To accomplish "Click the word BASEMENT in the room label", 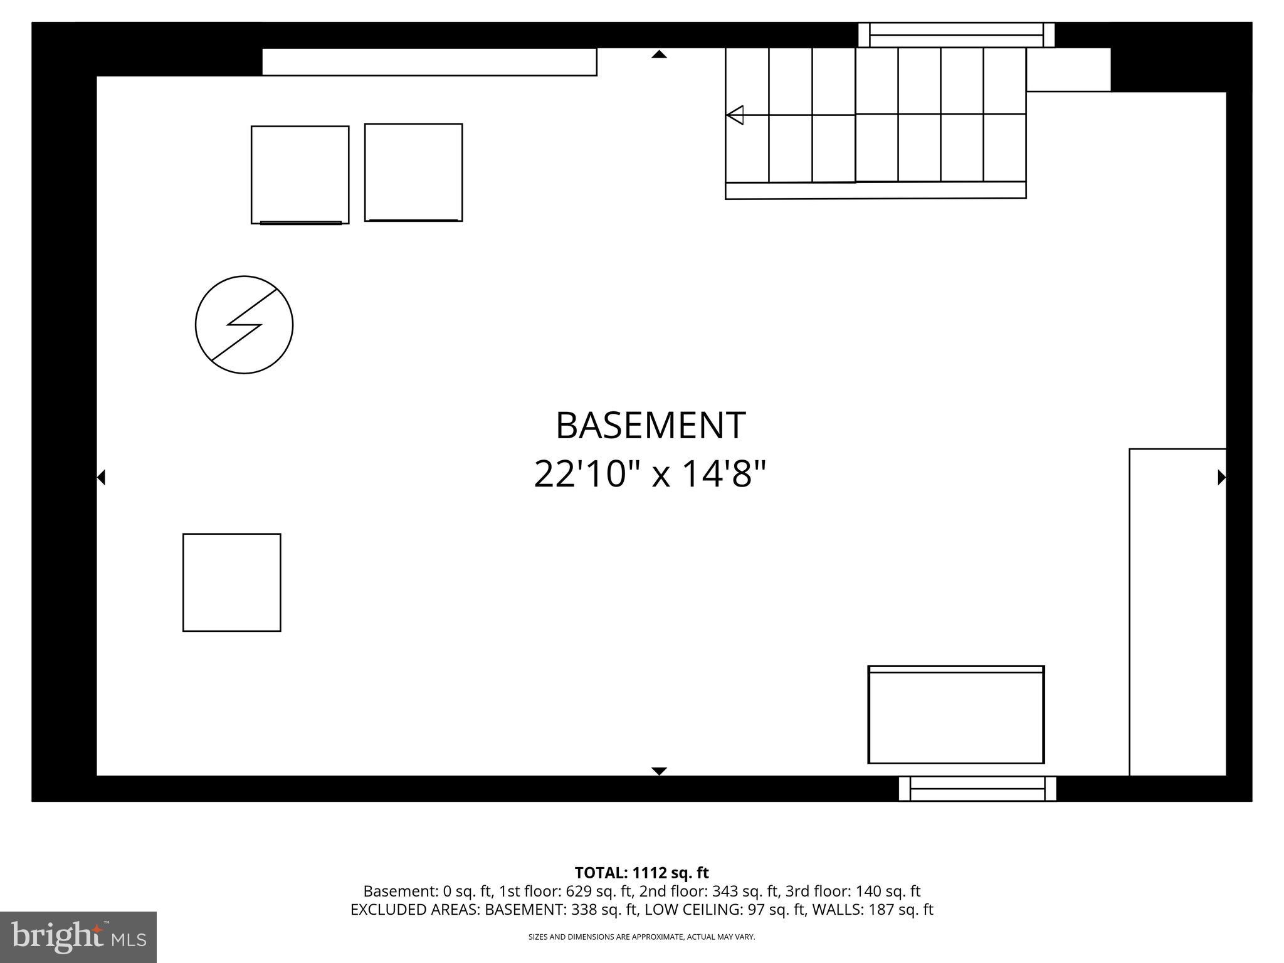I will [650, 426].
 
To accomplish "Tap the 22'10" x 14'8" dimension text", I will [650, 474].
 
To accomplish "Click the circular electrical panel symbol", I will [244, 325].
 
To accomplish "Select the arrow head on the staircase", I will [735, 115].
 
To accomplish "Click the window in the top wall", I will [956, 35].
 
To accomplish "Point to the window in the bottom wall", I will [977, 789].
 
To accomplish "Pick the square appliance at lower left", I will [231, 582].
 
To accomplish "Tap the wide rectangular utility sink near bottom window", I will [955, 715].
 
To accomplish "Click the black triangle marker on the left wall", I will [101, 477].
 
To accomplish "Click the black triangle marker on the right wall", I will [1221, 477].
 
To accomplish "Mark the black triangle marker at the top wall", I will [659, 55].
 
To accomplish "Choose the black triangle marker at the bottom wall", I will [659, 771].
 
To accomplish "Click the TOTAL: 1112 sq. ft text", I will [641, 873].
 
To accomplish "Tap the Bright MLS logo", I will [78, 937].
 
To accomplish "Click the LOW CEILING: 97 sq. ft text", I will [725, 910].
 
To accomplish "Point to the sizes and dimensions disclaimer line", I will [641, 937].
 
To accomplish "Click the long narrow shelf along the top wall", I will [429, 62].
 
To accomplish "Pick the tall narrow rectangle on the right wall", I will [1177, 612].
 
